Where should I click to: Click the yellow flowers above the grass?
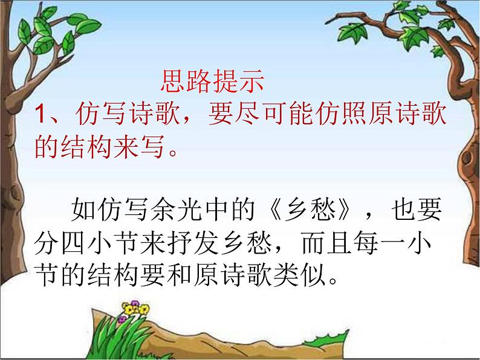coord(131,310)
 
